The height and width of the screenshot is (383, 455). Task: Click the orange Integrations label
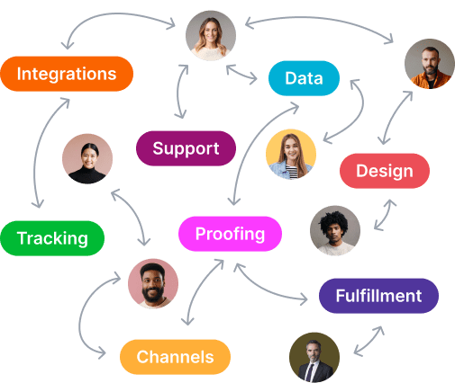[x=67, y=74]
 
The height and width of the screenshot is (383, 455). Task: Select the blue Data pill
[x=304, y=78]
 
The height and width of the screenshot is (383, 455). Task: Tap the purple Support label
[x=186, y=148]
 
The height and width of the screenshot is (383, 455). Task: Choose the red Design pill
[x=385, y=171]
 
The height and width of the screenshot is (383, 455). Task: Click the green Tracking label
[x=52, y=238]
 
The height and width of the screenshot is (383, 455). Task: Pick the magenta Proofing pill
[x=230, y=234]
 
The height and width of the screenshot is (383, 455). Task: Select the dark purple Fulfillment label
[x=378, y=296]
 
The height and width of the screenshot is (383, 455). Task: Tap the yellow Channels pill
[x=175, y=357]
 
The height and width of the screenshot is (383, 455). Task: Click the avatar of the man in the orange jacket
[x=430, y=64]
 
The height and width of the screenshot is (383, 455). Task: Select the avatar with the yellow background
[x=291, y=154]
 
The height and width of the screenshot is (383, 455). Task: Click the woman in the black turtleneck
[x=87, y=159]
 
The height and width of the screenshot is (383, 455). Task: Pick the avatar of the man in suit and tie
[x=314, y=357]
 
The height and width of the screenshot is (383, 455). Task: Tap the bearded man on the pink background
[x=153, y=284]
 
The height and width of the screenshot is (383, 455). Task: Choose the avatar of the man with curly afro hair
[x=335, y=231]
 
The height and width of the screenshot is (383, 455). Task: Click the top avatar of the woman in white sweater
[x=211, y=36]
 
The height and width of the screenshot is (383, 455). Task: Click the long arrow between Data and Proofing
[x=252, y=141]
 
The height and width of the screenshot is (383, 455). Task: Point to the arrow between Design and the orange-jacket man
[x=394, y=117]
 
